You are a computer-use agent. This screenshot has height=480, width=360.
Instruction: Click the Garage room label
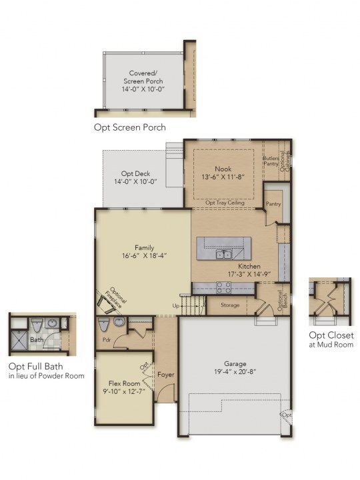235,364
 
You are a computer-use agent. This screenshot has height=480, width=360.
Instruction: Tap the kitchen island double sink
224,254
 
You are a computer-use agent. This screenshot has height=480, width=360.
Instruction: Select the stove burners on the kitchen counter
224,288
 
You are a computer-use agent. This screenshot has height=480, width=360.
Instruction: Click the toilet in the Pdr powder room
103,324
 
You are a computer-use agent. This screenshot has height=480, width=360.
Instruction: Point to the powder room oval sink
119,322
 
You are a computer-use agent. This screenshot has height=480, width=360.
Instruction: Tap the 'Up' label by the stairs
176,305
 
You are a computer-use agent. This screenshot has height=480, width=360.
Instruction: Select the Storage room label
230,305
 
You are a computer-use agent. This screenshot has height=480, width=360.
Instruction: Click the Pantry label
273,203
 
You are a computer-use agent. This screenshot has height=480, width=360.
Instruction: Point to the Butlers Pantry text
271,161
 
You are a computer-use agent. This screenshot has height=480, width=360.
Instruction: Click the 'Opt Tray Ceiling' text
225,203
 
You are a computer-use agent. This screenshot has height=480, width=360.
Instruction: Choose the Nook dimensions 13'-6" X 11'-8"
223,177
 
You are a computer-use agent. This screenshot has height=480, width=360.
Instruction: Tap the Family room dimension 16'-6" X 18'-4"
144,255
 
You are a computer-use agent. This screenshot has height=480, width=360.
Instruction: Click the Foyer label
166,375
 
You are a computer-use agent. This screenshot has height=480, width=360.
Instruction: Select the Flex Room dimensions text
124,391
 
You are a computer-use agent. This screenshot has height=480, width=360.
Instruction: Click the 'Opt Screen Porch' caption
130,127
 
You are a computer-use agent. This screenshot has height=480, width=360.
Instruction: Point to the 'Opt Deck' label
135,173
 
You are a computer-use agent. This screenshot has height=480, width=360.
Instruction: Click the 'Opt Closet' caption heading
331,335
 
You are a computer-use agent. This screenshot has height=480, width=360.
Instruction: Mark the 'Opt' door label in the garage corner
287,415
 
